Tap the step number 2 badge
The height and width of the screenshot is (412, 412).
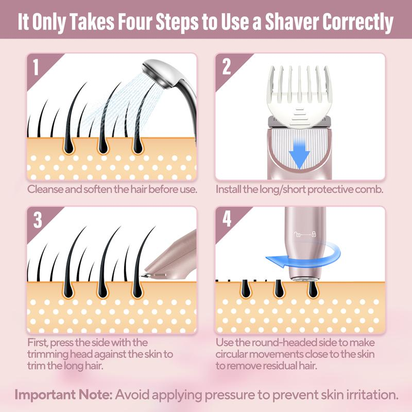click(226, 67)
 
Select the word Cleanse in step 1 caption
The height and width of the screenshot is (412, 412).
click(45, 189)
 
